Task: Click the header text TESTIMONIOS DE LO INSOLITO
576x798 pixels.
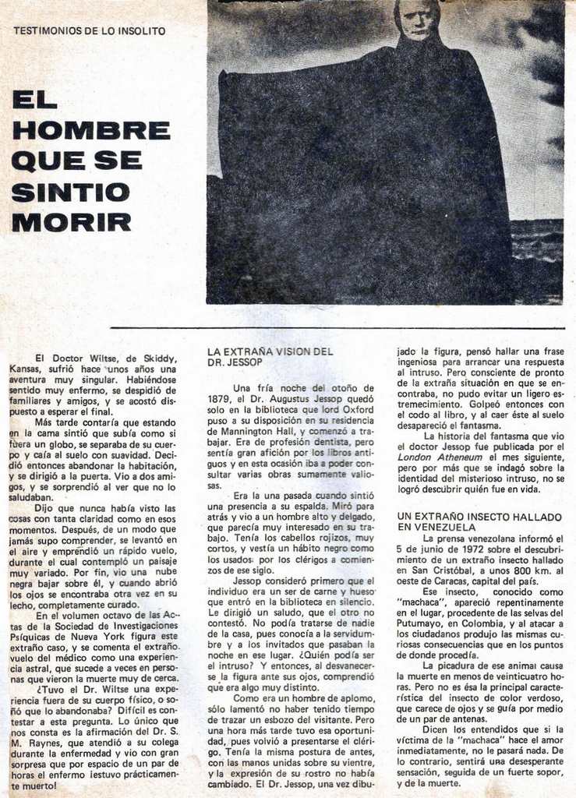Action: click(90, 31)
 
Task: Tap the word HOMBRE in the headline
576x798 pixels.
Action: click(91, 130)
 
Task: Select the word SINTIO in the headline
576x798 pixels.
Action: click(71, 192)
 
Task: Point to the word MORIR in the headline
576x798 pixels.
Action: click(71, 222)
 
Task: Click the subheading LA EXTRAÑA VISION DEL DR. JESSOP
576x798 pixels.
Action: click(270, 357)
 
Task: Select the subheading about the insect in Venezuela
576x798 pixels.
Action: click(479, 521)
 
